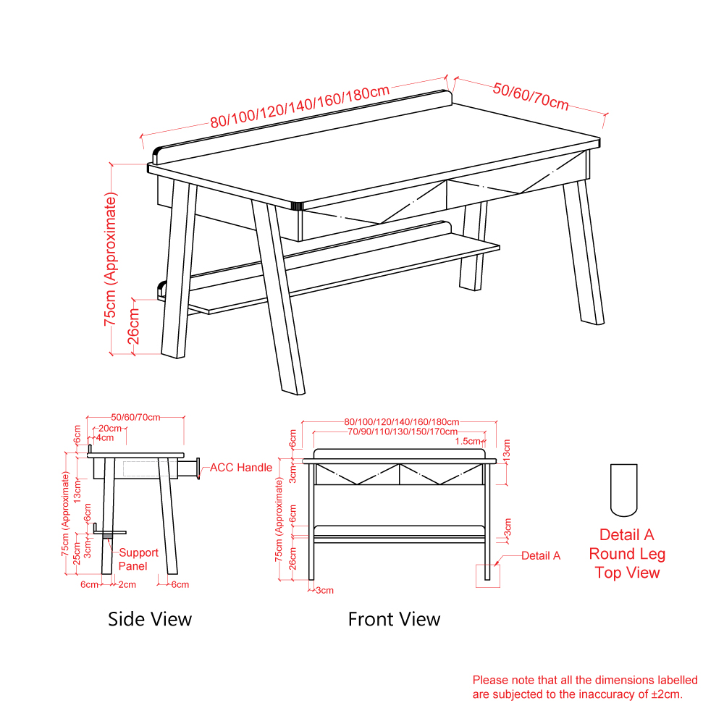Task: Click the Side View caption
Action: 150,619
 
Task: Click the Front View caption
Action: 395,619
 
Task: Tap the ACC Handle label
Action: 241,468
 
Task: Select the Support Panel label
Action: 138,559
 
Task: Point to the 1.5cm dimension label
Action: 467,442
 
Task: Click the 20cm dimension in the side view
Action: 110,429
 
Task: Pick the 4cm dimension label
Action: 105,438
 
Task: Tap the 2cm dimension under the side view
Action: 127,584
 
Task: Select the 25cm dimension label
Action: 77,553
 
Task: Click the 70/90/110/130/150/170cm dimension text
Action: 403,432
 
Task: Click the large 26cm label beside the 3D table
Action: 133,326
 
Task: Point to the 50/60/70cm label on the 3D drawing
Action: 531,96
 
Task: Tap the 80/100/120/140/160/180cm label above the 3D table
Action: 300,106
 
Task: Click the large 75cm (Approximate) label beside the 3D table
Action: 110,259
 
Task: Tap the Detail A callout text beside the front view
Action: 541,556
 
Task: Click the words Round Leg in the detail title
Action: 627,554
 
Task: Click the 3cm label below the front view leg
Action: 324,591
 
